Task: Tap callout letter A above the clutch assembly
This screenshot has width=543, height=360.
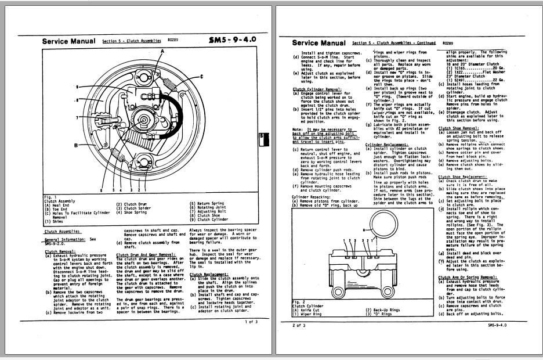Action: click(x=162, y=52)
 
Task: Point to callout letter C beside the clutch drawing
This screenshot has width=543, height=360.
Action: click(x=201, y=77)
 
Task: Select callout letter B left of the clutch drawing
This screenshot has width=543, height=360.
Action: click(x=75, y=144)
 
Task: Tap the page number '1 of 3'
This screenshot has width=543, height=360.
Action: click(x=251, y=321)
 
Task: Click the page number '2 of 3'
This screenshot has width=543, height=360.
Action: click(x=298, y=326)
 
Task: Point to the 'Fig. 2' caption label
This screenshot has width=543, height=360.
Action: click(x=299, y=302)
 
